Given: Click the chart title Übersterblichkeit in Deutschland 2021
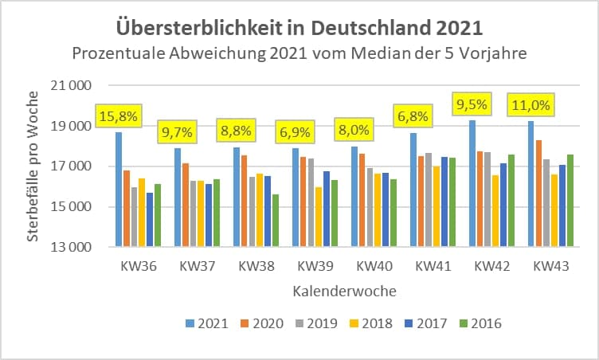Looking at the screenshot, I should coord(299,28).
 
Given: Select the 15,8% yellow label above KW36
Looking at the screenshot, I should coord(118,117).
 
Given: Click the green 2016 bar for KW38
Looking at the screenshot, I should coord(276,221).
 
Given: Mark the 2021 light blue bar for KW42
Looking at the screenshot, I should coord(472,183).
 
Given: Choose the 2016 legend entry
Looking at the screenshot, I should coord(480,323).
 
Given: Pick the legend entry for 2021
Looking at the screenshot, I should coord(206,323).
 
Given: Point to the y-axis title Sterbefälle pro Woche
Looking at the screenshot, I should coord(33,166).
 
